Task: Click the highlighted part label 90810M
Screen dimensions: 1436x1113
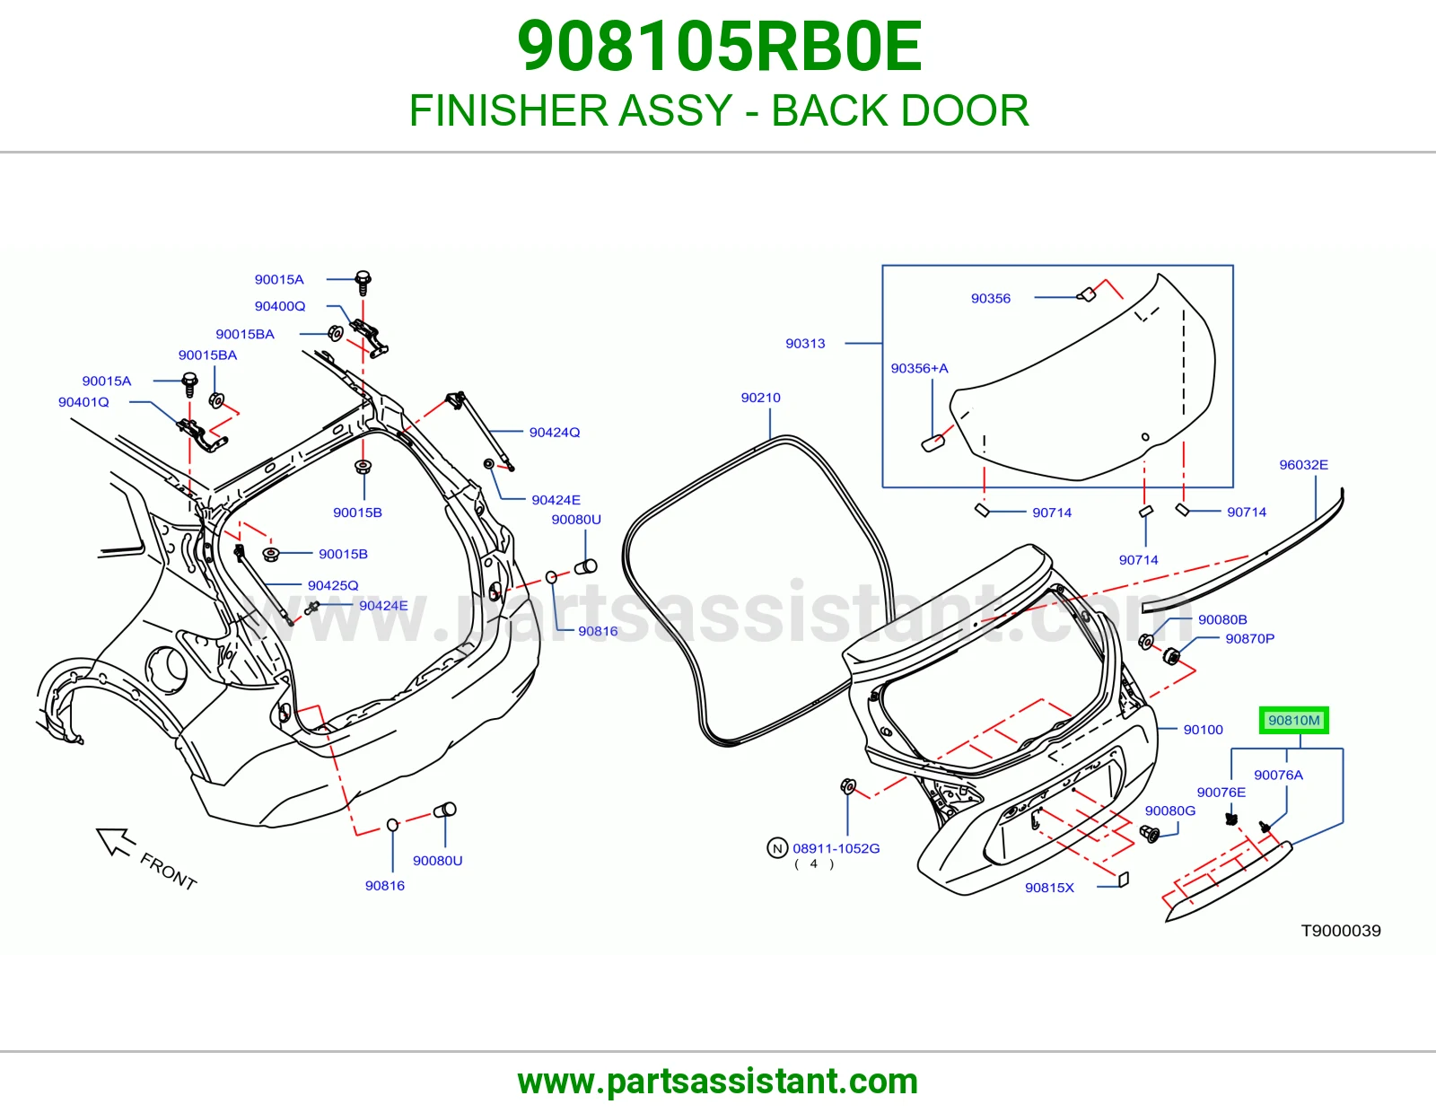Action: click(1293, 721)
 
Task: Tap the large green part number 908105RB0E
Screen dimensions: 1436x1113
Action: click(719, 47)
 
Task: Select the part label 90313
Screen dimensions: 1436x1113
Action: click(805, 344)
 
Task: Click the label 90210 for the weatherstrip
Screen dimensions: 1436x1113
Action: click(760, 398)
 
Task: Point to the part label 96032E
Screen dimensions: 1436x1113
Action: click(1303, 465)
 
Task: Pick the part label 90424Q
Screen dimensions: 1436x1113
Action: click(555, 433)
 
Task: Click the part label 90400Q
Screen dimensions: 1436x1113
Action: click(280, 307)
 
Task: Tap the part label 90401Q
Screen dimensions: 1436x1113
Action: click(83, 402)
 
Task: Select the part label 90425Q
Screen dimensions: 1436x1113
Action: click(333, 585)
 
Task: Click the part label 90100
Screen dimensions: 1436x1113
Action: click(1203, 731)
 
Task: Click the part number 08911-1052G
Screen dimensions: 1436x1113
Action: click(836, 848)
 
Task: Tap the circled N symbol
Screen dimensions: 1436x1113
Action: click(777, 848)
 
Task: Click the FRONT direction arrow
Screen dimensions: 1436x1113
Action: click(116, 841)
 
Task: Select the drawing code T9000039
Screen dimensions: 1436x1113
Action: click(1341, 932)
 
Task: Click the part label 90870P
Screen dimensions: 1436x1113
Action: click(1249, 639)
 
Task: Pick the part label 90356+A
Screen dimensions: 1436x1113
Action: click(919, 369)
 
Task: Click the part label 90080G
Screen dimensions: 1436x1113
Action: click(1169, 811)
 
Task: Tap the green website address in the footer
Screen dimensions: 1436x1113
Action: click(718, 1082)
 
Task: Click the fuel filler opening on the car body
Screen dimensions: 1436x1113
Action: click(168, 663)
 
